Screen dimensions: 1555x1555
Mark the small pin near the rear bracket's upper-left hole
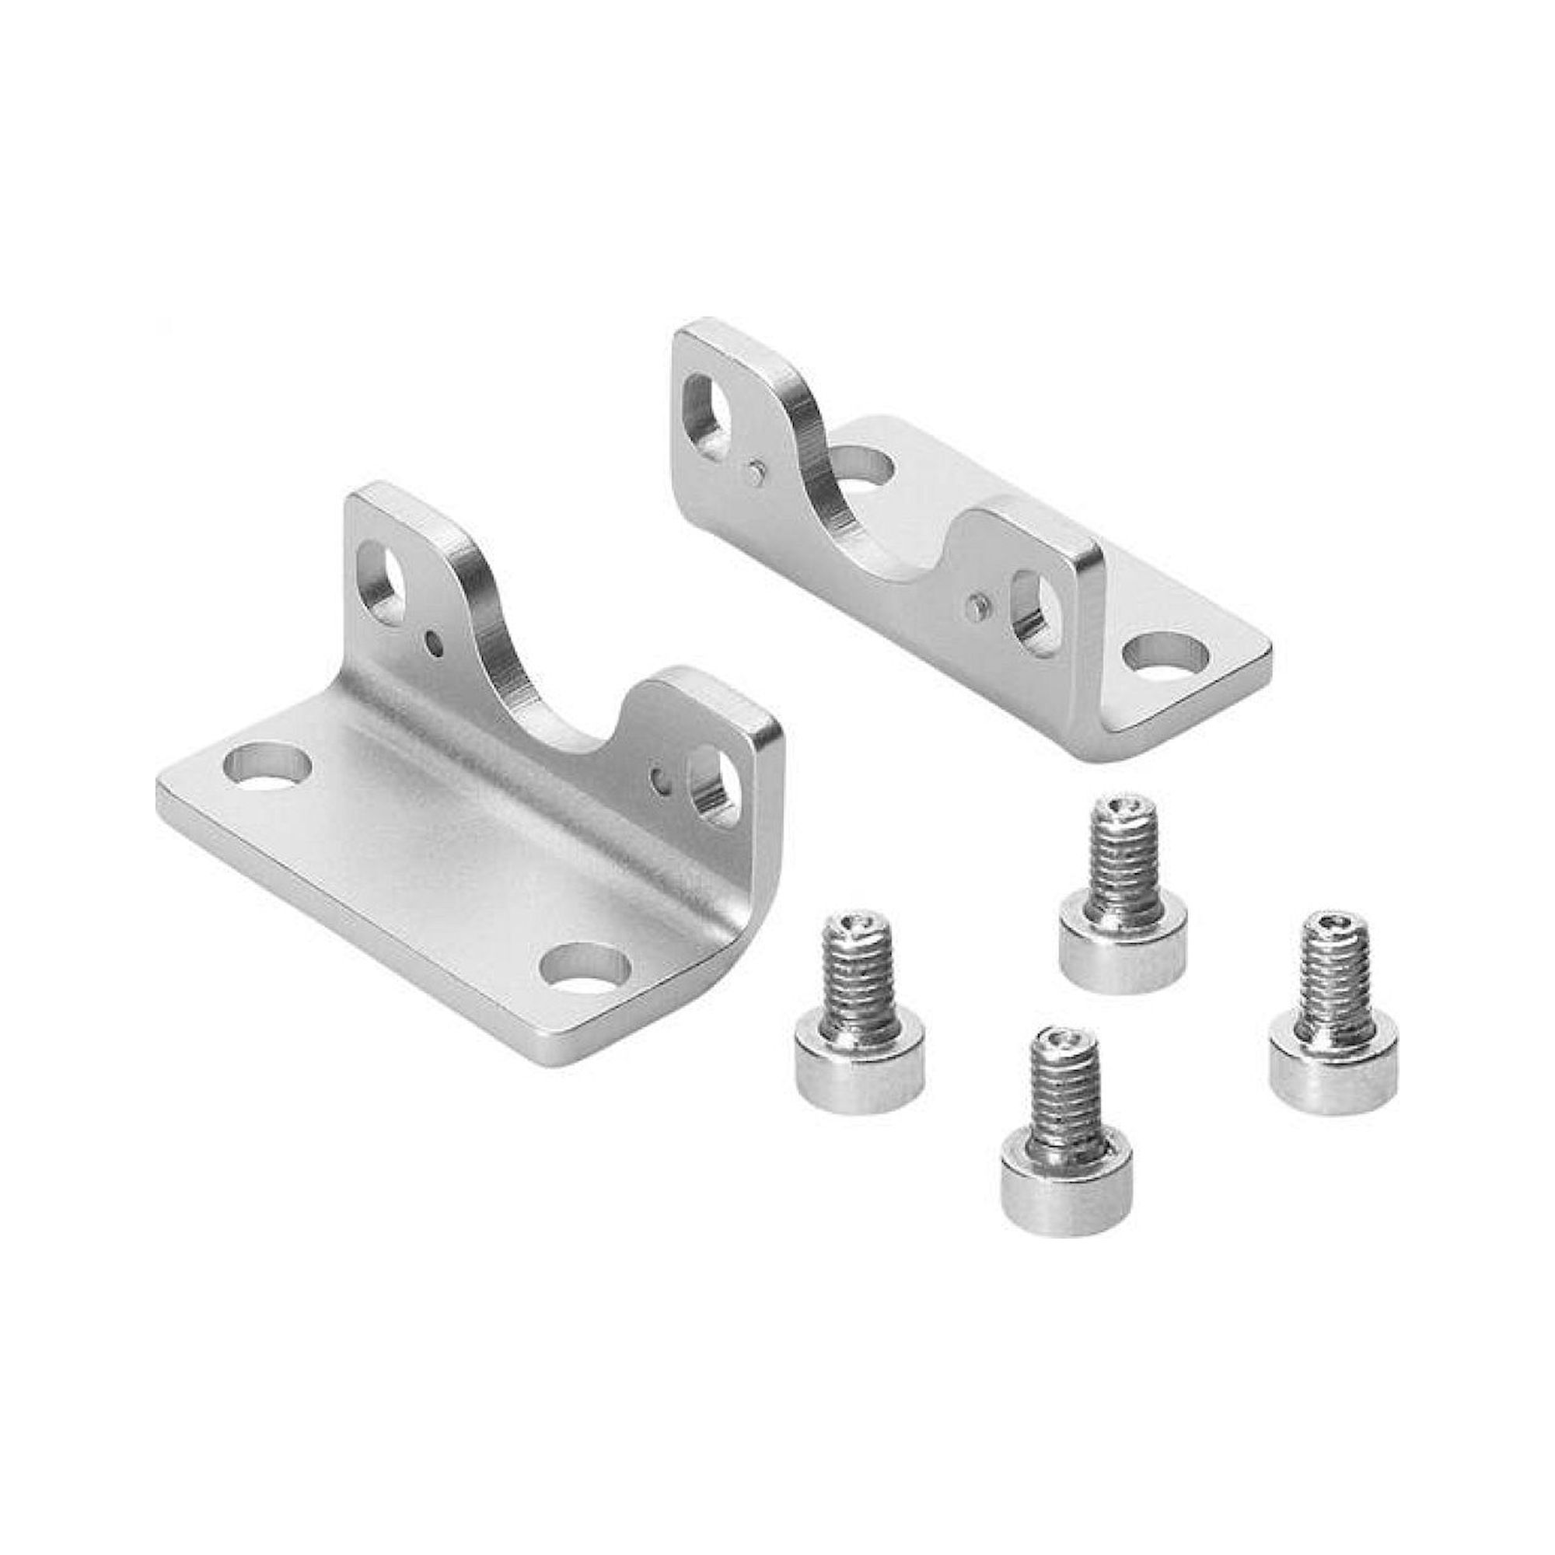[x=753, y=473]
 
